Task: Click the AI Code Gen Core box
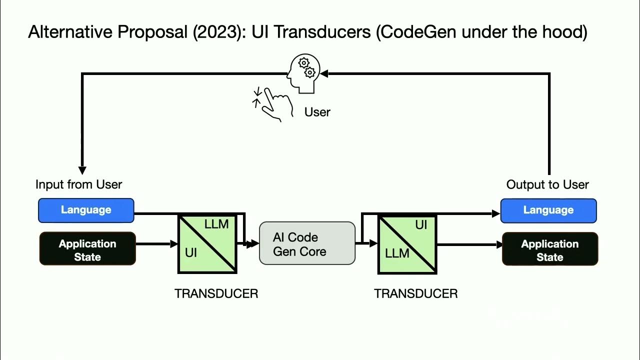pyautogui.click(x=307, y=244)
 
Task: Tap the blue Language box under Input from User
pyautogui.click(x=86, y=210)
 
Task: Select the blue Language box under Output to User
pyautogui.click(x=548, y=210)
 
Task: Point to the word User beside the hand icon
pyautogui.click(x=317, y=112)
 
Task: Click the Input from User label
pyautogui.click(x=78, y=184)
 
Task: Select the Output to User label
pyautogui.click(x=547, y=184)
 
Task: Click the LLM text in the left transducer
pyautogui.click(x=216, y=224)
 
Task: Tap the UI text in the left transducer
pyautogui.click(x=191, y=252)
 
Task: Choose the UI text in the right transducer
pyautogui.click(x=421, y=225)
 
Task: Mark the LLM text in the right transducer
pyautogui.click(x=397, y=253)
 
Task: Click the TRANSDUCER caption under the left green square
pyautogui.click(x=216, y=294)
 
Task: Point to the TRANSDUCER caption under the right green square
pyautogui.click(x=415, y=294)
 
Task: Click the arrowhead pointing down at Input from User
pyautogui.click(x=82, y=170)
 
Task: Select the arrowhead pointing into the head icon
pyautogui.click(x=324, y=74)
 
